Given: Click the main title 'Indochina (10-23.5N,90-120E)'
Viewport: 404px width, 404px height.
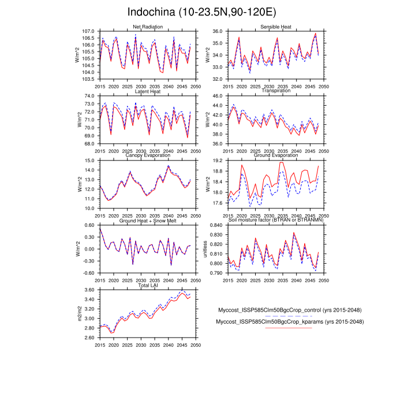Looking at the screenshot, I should click(201, 12).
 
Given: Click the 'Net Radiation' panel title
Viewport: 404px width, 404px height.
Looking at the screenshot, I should click(148, 27).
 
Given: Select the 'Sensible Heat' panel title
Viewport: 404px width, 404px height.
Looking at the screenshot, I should click(275, 27).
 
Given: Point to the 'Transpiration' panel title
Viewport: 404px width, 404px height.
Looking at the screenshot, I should click(275, 91).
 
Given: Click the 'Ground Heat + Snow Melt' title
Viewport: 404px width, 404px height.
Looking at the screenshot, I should click(148, 221).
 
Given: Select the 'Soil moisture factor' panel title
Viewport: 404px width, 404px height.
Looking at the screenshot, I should click(275, 221).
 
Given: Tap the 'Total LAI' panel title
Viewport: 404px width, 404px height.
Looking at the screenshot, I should click(148, 286).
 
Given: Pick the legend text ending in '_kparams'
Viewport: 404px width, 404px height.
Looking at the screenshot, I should click(289, 321).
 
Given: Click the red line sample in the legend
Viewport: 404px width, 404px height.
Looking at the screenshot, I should click(289, 328).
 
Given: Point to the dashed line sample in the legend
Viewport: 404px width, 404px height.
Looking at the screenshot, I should click(289, 316).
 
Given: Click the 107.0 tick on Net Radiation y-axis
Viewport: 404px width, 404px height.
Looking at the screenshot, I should click(88, 31).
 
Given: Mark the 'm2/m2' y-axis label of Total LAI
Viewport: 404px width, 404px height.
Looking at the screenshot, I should click(78, 313).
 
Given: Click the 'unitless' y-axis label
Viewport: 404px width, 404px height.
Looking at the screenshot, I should click(204, 249).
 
